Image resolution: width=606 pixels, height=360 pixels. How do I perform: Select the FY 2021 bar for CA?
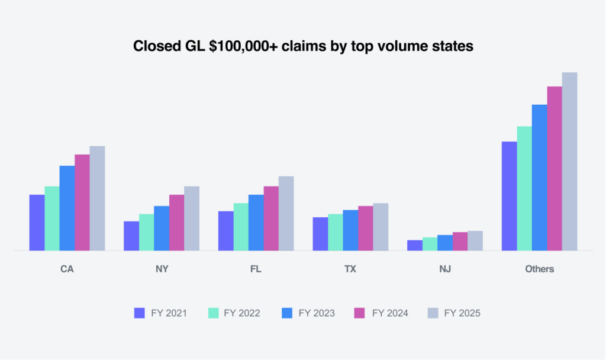click(x=37, y=223)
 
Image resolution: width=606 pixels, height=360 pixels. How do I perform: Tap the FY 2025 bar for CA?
click(x=97, y=198)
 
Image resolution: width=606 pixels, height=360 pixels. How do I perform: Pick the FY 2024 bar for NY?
click(x=177, y=223)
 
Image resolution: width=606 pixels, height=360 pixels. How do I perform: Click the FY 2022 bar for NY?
click(x=146, y=232)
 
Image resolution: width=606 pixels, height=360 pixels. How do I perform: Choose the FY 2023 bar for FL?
click(x=256, y=223)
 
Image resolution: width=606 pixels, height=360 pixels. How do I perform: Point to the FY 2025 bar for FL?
click(x=286, y=213)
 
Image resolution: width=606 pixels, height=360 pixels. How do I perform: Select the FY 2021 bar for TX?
click(x=320, y=234)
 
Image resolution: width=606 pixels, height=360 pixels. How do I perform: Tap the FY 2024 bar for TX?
click(x=365, y=228)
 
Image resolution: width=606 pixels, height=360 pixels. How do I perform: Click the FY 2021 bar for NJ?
click(x=415, y=245)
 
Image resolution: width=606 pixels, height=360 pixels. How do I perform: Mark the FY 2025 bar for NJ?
click(x=475, y=240)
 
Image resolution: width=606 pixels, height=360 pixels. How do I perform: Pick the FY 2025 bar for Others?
click(x=569, y=162)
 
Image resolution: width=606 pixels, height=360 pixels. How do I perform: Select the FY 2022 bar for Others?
click(x=524, y=188)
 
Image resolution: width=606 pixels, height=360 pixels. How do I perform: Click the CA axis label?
click(x=67, y=269)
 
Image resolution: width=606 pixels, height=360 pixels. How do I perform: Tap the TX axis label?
click(x=350, y=269)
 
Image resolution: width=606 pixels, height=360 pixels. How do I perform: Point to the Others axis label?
click(x=539, y=269)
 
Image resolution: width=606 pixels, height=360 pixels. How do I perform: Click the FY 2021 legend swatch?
click(x=140, y=313)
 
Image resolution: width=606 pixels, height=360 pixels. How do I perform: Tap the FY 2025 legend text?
click(x=462, y=313)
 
